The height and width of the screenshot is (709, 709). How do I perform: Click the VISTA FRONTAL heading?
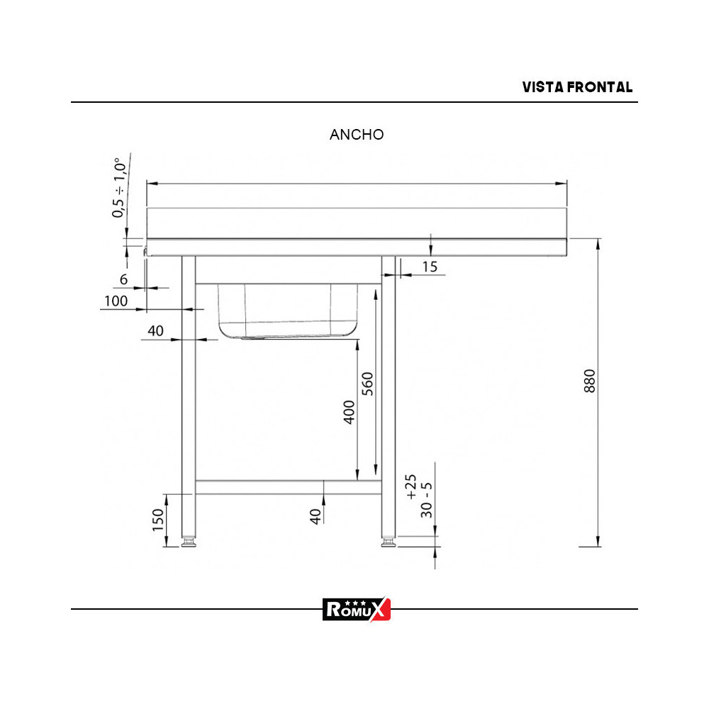click(577, 87)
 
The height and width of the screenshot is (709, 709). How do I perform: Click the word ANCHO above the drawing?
click(357, 135)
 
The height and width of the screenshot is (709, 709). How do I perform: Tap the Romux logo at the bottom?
click(357, 608)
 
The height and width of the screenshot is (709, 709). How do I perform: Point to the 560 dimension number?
click(367, 384)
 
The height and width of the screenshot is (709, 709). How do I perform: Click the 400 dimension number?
click(349, 412)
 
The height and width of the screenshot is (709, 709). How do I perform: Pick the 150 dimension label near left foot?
click(159, 520)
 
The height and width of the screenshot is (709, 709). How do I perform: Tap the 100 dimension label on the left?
click(116, 301)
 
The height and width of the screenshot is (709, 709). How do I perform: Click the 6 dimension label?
click(123, 279)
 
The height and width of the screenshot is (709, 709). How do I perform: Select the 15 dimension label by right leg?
click(429, 267)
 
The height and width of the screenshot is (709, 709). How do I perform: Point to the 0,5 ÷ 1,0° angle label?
click(119, 188)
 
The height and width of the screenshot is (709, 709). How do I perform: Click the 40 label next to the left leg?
click(155, 330)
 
